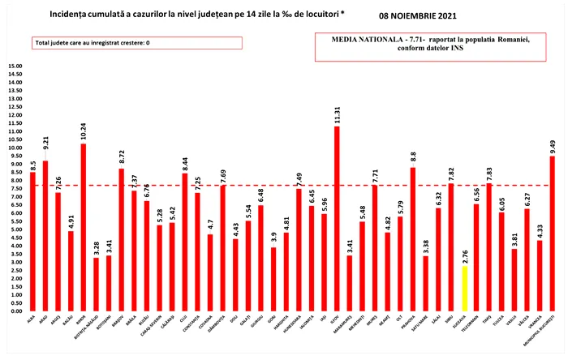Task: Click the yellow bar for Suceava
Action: click(x=464, y=288)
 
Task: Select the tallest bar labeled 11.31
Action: click(x=337, y=219)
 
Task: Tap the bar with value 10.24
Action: click(x=83, y=227)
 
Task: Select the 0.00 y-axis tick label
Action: click(x=14, y=311)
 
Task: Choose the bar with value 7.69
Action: click(x=222, y=248)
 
